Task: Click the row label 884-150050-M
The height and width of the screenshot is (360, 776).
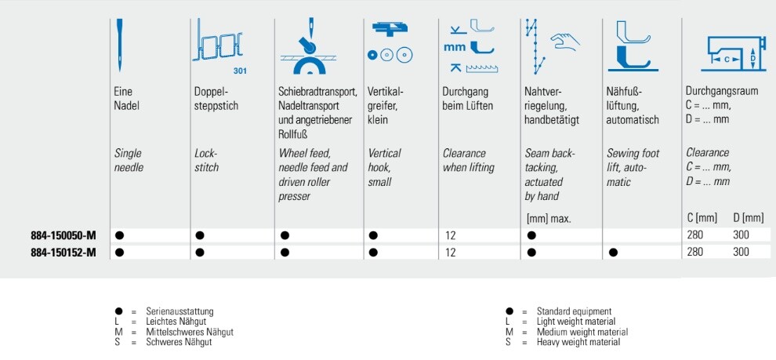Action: [63, 236]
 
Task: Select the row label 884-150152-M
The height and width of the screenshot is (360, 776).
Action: [63, 253]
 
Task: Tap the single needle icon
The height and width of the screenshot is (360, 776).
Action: [119, 45]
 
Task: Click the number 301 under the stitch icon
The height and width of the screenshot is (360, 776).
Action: [240, 71]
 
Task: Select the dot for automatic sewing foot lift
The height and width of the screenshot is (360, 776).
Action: [613, 253]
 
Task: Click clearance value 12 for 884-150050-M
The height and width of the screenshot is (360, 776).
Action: [450, 236]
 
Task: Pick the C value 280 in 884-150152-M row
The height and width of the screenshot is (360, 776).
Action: [694, 252]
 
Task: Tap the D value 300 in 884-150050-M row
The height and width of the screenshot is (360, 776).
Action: [741, 235]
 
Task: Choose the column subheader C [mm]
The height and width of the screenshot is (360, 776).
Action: [702, 218]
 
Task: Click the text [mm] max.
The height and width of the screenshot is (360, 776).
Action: [548, 219]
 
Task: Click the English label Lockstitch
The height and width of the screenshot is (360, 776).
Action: [207, 161]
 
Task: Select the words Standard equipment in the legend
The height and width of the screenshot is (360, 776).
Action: [574, 311]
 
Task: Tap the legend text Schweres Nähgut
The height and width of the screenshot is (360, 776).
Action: [179, 342]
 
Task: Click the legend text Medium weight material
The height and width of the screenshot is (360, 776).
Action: [582, 332]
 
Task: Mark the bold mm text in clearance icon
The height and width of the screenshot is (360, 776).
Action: [455, 48]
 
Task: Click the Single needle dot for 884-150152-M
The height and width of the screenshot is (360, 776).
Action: [119, 253]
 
